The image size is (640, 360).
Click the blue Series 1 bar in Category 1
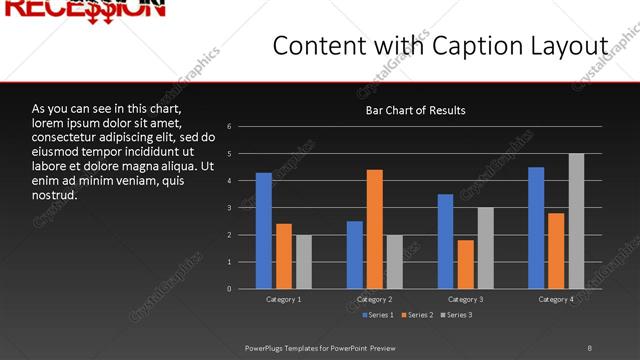click(263, 231)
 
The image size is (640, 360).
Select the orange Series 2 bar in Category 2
click(375, 229)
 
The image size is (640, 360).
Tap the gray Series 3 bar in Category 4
click(576, 221)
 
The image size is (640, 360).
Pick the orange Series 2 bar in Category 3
click(465, 264)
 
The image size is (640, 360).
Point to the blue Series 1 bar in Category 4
click(536, 228)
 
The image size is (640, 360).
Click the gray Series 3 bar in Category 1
click(303, 262)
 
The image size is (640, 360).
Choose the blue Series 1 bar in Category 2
click(355, 255)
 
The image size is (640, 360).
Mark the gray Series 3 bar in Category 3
click(485, 248)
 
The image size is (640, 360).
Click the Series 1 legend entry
click(376, 315)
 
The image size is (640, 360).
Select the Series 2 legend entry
click(417, 315)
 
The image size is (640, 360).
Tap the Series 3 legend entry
click(456, 315)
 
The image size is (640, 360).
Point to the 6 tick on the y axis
click(230, 127)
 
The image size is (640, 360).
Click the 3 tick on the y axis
click(230, 208)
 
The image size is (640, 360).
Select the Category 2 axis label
click(374, 299)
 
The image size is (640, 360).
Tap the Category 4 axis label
click(556, 299)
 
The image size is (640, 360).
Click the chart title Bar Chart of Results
click(415, 110)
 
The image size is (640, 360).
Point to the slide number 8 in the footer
click(589, 347)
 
